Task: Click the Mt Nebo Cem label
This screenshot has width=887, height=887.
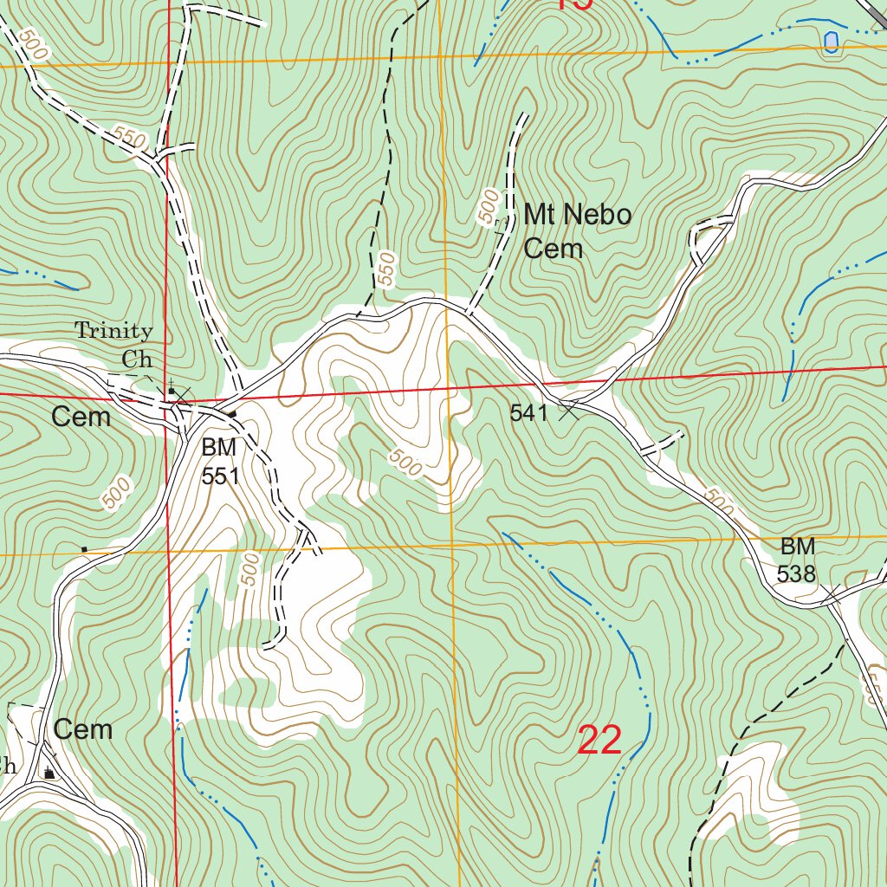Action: tap(577, 231)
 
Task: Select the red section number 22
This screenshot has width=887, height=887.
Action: tap(599, 741)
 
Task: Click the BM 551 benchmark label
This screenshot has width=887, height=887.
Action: tap(220, 462)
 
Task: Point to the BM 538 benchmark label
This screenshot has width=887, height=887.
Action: tap(797, 560)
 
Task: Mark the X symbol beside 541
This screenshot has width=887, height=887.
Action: tap(568, 411)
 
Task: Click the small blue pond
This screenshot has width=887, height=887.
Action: tap(831, 42)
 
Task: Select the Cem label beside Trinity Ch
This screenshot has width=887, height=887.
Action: tap(81, 418)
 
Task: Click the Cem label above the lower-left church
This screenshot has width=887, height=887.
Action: tap(83, 729)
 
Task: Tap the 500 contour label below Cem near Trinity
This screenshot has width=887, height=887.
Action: tap(116, 493)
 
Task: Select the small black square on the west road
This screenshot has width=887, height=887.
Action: tap(84, 549)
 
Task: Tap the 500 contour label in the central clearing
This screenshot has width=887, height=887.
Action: tap(405, 463)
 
